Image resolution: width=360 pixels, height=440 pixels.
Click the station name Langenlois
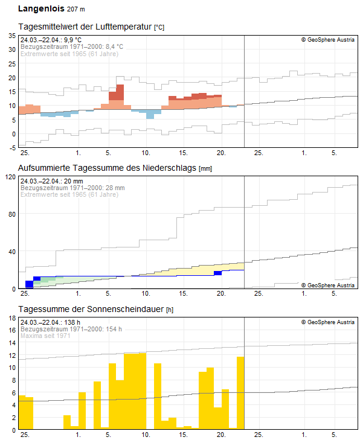pos(41,8)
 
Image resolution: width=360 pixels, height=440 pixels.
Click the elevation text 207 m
pos(76,9)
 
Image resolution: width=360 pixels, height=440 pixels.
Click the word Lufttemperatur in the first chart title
pos(124,27)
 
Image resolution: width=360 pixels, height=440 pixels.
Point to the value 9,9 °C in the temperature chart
pos(72,40)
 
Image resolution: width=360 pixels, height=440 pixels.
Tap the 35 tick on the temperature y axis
pos(12,36)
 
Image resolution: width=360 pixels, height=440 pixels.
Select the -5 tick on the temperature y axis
pos(12,148)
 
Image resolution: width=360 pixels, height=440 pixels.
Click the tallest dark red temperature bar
pos(120,92)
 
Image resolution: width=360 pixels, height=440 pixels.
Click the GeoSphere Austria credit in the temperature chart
pos(328,40)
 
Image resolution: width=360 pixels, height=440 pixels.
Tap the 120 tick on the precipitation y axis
pos(11,177)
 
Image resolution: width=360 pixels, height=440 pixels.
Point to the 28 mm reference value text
pos(115,188)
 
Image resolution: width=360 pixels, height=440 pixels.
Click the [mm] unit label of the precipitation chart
pos(205,168)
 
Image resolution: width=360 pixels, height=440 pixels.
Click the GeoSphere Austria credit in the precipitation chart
pos(328,285)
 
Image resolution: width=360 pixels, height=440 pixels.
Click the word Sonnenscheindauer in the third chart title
pos(125,309)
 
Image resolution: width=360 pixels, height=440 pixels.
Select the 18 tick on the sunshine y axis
pos(12,318)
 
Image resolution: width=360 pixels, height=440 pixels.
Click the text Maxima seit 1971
pos(45,336)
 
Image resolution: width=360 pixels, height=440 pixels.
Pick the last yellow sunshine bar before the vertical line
pos(240,393)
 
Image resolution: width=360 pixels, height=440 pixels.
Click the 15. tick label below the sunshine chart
pos(183,435)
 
